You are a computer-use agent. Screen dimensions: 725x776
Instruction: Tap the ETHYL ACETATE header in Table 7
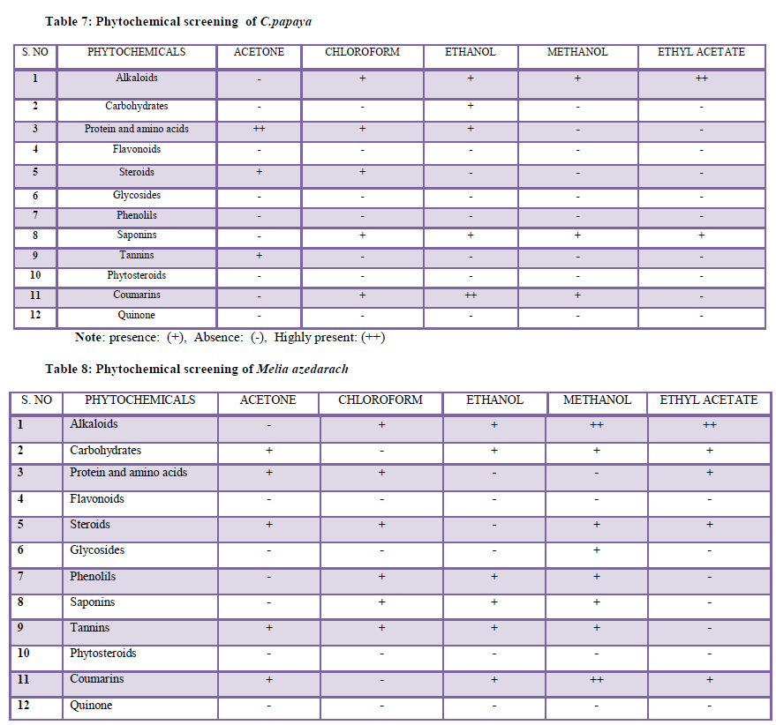point(701,52)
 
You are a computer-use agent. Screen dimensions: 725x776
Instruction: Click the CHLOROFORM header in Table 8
point(381,400)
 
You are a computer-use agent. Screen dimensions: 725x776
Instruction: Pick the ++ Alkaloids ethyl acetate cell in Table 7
point(701,78)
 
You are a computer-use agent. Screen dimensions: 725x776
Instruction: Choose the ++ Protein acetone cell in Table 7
point(259,129)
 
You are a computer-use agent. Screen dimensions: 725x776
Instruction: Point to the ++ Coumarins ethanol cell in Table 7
point(471,295)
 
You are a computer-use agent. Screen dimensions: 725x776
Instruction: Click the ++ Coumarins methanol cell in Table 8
point(597,680)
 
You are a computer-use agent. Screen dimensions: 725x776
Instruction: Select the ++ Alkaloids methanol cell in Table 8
point(597,425)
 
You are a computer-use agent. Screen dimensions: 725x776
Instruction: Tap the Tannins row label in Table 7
point(137,255)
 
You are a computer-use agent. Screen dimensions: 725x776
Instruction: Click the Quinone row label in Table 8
point(91,706)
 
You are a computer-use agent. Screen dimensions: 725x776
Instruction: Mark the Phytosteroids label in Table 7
point(137,275)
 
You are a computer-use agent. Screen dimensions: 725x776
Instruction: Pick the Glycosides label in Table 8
point(97,550)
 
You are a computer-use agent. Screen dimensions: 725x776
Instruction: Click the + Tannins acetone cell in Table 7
point(259,255)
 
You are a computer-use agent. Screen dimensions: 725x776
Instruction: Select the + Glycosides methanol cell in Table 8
point(597,550)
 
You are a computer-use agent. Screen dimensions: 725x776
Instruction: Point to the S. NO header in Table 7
point(35,52)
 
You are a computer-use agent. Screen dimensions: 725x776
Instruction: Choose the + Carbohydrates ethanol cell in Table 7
point(471,106)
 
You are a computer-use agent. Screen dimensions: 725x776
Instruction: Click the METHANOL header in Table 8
point(597,400)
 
